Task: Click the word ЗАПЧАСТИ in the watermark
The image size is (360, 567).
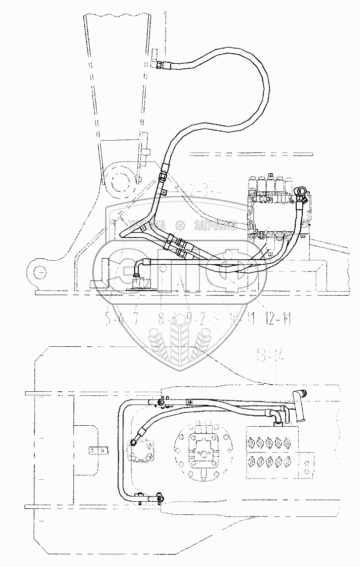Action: click(x=213, y=226)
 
